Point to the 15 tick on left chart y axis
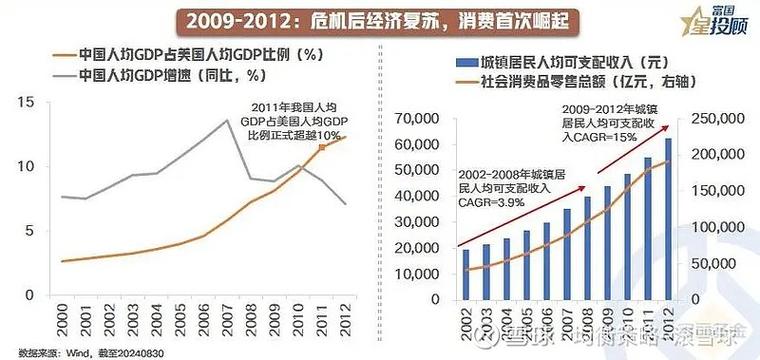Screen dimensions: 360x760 [26, 101]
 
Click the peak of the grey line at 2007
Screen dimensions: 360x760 [228, 120]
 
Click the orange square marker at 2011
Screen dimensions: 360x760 [322, 147]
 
